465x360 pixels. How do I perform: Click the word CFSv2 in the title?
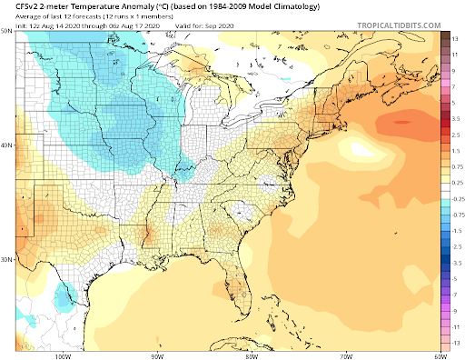18,9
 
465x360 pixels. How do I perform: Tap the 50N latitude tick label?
6,32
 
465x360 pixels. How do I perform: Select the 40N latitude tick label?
6,145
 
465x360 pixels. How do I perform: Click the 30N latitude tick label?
6,260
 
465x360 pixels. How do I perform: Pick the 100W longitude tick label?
62,355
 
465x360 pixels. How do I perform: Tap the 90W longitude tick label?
157,355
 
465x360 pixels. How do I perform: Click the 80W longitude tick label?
252,355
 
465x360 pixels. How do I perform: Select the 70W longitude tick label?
346,355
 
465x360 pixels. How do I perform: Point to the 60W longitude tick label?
440,355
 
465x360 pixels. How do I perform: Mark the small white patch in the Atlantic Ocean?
357,146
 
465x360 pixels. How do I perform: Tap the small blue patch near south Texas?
64,293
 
